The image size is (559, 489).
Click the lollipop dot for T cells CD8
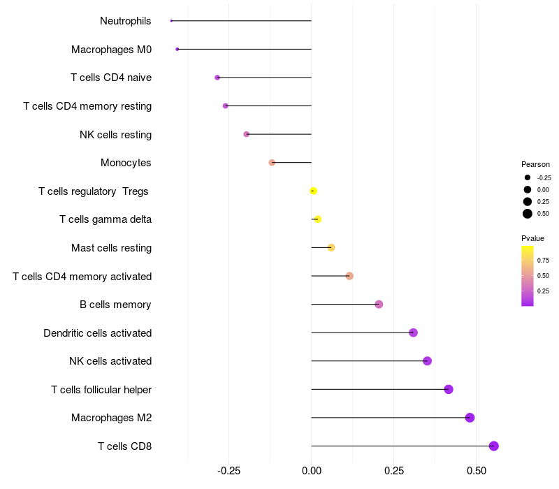coord(493,446)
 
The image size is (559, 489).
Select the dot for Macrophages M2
coord(470,418)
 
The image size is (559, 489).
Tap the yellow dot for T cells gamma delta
coord(318,219)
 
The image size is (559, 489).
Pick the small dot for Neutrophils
coord(171,21)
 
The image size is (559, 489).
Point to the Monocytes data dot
coord(272,163)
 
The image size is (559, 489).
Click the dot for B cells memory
coord(379,305)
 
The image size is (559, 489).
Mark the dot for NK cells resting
coord(246,134)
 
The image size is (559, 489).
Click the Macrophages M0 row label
coord(111,50)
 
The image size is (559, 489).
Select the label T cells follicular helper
coord(101,389)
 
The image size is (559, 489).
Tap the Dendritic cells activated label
coord(97,333)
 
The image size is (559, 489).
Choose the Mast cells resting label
coord(111,248)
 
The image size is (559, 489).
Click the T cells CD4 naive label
coord(111,78)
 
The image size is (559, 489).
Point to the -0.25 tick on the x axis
coord(228,471)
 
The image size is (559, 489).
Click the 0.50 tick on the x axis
coord(476,471)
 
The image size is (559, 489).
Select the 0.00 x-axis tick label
coord(311,471)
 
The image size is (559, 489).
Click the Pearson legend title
coord(535,164)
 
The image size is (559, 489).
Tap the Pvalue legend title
coord(532,238)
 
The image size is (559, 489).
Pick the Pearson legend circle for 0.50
coord(528,214)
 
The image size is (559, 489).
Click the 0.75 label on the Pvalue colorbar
coord(543,261)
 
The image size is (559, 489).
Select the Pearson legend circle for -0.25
coord(528,177)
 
